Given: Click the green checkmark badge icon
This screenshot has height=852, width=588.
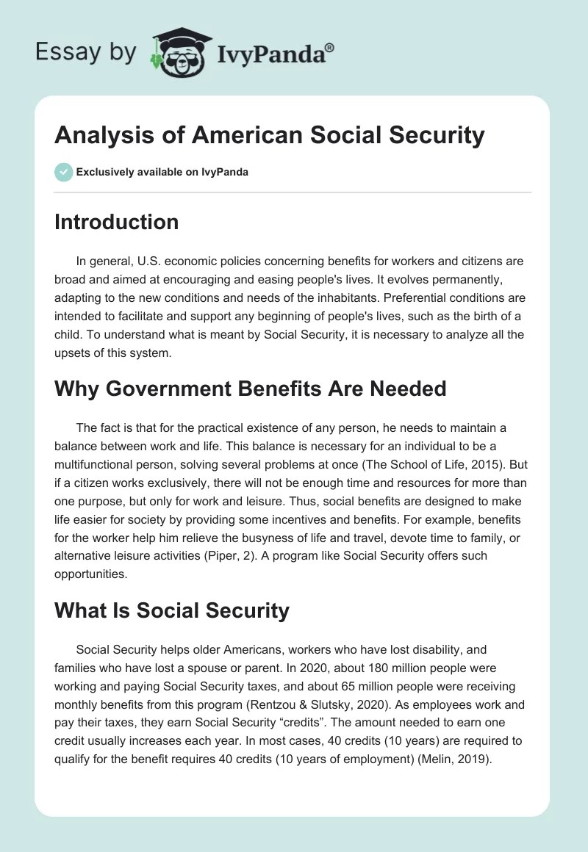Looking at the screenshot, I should pos(63,171).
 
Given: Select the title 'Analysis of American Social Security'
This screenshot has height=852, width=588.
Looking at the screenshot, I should pos(269,135).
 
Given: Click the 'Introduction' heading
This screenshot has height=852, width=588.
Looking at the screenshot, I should pos(116,222).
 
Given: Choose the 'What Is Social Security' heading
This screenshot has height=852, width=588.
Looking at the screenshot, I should pos(171,610).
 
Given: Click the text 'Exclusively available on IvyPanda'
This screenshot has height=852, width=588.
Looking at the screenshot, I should pos(162,172).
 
